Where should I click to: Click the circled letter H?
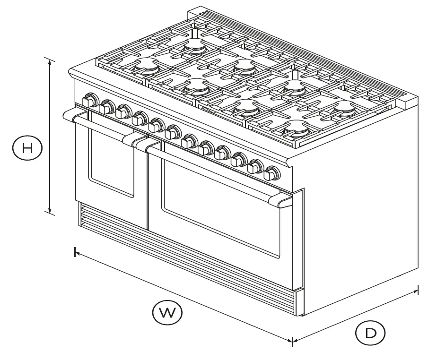click(27, 148)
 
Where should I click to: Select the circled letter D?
click(370, 333)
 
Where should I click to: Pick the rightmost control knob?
click(271, 173)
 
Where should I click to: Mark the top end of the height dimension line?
click(50, 60)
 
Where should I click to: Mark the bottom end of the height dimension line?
click(50, 213)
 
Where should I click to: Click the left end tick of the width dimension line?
click(75, 252)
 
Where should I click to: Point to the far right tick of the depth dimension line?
click(418, 289)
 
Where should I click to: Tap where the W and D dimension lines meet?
click(292, 341)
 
